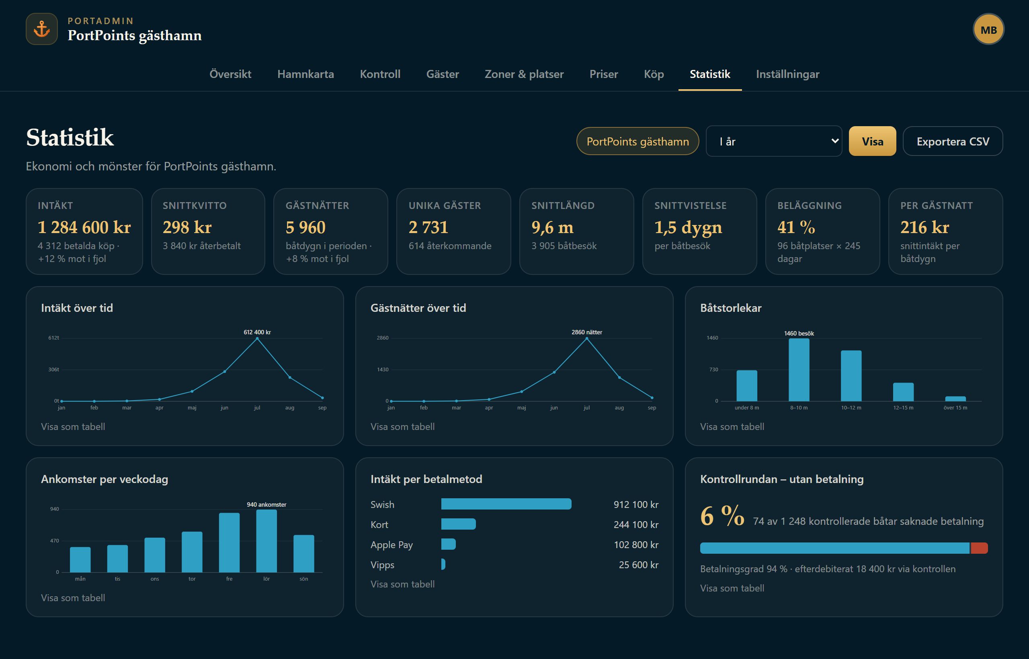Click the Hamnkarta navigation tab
pos(305,74)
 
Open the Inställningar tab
pos(787,74)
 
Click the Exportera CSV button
pos(953,141)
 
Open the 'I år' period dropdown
pos(774,141)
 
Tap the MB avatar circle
pos(988,29)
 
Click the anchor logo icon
pos(42,29)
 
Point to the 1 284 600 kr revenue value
pos(84,227)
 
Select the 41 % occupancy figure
pos(796,227)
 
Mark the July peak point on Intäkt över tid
pos(257,338)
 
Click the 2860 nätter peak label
pos(587,332)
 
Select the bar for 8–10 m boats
pos(799,370)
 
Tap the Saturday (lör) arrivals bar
pos(266,541)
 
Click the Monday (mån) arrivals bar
pos(80,560)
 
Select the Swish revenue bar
pos(506,504)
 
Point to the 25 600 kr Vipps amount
pos(639,565)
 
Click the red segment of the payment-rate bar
pos(979,548)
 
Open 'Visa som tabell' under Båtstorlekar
pos(732,427)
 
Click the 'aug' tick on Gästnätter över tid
pos(619,408)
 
